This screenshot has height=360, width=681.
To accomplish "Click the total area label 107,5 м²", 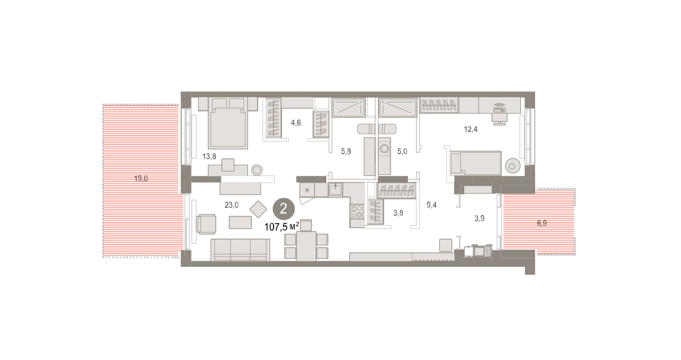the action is pyautogui.click(x=282, y=227).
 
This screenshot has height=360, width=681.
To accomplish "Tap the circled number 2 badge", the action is pyautogui.click(x=283, y=209).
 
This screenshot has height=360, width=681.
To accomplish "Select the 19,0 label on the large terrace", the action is pyautogui.click(x=141, y=179).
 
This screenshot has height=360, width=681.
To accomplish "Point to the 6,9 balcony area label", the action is pyautogui.click(x=542, y=223).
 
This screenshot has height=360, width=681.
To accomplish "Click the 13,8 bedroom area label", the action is pyautogui.click(x=209, y=156).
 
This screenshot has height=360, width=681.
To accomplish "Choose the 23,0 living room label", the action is pyautogui.click(x=232, y=205).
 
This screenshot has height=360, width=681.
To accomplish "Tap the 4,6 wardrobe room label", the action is pyautogui.click(x=296, y=123).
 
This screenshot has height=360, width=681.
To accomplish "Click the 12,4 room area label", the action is pyautogui.click(x=470, y=129).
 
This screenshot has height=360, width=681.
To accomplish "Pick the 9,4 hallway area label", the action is pyautogui.click(x=431, y=205).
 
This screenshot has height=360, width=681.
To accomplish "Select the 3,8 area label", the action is pyautogui.click(x=398, y=213).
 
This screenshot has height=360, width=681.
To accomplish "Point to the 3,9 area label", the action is pyautogui.click(x=480, y=218).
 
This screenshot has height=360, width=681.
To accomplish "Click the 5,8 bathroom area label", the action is pyautogui.click(x=346, y=151).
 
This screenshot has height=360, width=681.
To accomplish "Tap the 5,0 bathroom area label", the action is pyautogui.click(x=402, y=151).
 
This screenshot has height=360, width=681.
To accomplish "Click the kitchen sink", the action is pyautogui.click(x=335, y=190).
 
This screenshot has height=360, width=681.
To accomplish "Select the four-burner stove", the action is pyautogui.click(x=357, y=211).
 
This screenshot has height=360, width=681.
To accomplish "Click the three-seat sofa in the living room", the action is pyautogui.click(x=241, y=249).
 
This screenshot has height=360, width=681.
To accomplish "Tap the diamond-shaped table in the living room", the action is pyautogui.click(x=258, y=210).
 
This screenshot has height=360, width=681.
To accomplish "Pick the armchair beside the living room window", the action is pyautogui.click(x=206, y=224).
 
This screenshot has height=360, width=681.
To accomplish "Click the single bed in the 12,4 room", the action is pyautogui.click(x=475, y=164).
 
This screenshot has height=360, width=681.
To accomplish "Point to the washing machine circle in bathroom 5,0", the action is pyautogui.click(x=385, y=149).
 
